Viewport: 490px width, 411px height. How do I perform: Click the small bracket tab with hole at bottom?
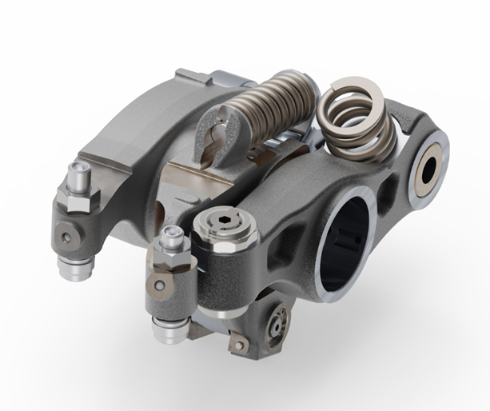(x=237, y=345)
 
